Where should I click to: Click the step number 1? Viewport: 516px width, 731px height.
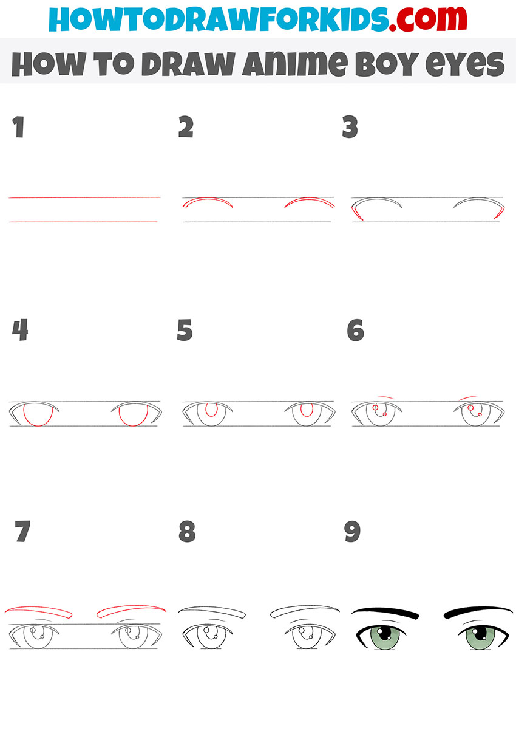pyautogui.click(x=19, y=128)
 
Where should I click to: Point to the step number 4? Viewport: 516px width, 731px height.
pyautogui.click(x=20, y=331)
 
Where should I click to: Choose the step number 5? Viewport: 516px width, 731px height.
pyautogui.click(x=185, y=331)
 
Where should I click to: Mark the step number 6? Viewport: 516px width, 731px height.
pyautogui.click(x=355, y=331)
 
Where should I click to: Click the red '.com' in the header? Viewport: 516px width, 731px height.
pyautogui.click(x=427, y=19)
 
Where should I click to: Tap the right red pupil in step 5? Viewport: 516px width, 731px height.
pyautogui.click(x=307, y=410)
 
